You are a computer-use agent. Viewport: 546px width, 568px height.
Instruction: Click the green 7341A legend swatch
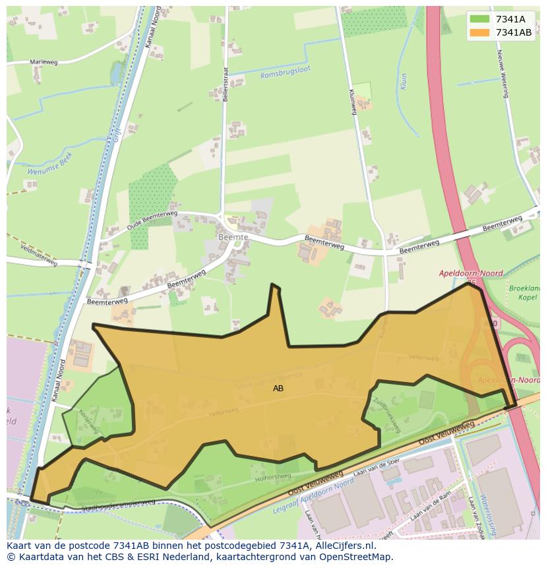[480, 19]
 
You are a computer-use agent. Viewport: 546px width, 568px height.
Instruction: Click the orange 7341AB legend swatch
[480, 32]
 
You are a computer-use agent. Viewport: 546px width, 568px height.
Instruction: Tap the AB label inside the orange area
[278, 389]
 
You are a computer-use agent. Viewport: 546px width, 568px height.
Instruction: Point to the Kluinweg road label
[352, 102]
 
